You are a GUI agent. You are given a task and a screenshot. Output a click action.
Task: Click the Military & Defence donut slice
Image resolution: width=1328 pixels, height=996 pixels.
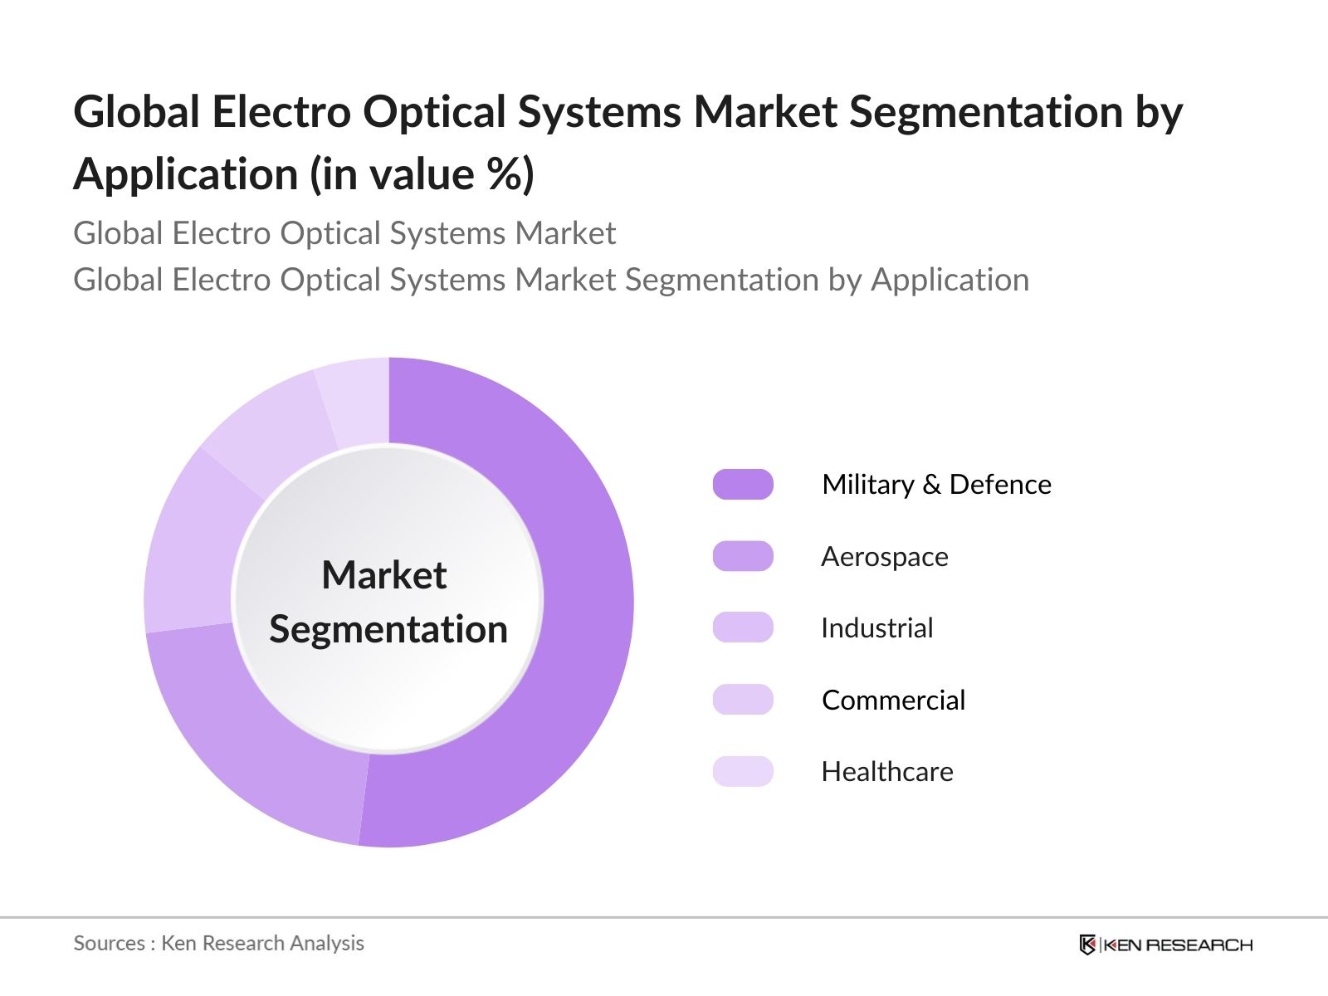[x=573, y=631]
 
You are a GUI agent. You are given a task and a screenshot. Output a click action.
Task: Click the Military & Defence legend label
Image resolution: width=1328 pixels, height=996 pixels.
[x=936, y=485]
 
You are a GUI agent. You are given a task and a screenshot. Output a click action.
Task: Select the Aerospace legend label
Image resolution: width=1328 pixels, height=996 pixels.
[x=884, y=556]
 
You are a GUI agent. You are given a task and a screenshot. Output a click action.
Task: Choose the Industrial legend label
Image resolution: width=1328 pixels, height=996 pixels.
[x=876, y=628]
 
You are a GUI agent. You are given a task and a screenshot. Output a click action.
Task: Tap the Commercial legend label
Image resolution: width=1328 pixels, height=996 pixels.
[x=893, y=701]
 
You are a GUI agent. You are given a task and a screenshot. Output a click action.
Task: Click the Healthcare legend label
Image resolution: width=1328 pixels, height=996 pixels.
[x=886, y=772]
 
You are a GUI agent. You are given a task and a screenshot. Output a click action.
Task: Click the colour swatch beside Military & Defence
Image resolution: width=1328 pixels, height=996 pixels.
[x=743, y=485]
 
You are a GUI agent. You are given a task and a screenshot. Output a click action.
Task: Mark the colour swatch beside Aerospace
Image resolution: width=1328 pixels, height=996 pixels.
[x=743, y=556]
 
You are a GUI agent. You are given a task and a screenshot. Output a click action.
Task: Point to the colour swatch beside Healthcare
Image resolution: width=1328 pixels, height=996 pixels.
[x=743, y=772]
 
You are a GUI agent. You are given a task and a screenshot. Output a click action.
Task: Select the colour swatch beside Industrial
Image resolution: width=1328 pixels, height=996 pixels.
[x=743, y=628]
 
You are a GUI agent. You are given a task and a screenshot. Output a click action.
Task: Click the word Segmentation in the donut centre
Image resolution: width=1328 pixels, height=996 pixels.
[x=388, y=629]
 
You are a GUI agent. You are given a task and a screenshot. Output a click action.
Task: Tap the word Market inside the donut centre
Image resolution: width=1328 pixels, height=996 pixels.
[x=384, y=575]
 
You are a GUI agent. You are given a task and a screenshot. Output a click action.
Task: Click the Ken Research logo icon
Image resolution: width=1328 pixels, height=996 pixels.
[x=1087, y=945]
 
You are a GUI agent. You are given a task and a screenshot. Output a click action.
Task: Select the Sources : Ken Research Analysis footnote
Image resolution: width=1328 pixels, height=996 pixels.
[x=219, y=944]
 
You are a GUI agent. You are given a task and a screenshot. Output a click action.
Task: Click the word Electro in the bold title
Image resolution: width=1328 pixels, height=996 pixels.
[x=281, y=112]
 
